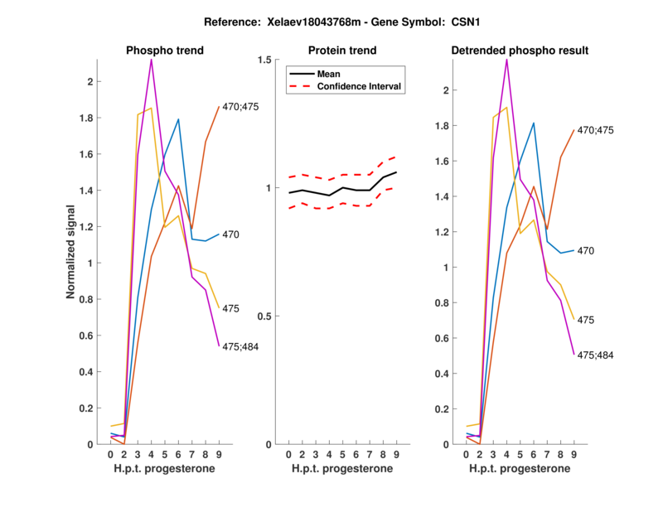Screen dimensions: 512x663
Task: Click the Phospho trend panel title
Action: (165, 51)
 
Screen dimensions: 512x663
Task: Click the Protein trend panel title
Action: (341, 51)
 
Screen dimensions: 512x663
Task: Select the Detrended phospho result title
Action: (520, 51)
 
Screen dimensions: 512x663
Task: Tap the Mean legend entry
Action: (329, 74)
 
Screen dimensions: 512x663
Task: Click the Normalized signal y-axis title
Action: (72, 253)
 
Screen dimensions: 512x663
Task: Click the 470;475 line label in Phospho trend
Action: (241, 106)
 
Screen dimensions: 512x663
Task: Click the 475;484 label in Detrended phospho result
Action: (596, 355)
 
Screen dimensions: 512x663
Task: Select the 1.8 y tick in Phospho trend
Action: (85, 118)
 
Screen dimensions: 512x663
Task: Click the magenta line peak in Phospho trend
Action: (151, 60)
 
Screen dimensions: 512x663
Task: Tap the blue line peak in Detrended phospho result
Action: (533, 123)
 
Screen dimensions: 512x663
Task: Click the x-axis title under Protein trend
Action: (341, 470)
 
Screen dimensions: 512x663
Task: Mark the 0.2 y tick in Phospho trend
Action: (85, 408)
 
